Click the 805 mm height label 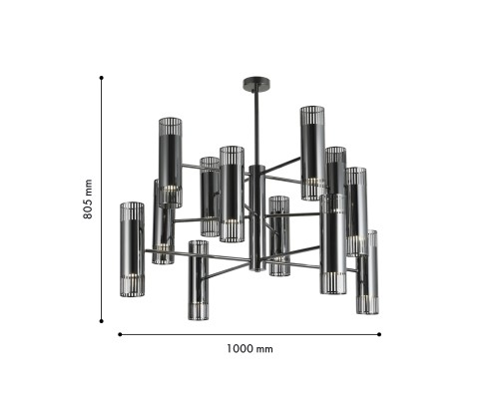click(88, 199)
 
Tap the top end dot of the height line click(102, 76)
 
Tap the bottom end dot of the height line click(102, 321)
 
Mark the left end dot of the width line click(121, 334)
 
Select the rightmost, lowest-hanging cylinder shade click(368, 271)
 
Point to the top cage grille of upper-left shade click(170, 127)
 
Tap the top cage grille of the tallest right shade click(314, 112)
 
